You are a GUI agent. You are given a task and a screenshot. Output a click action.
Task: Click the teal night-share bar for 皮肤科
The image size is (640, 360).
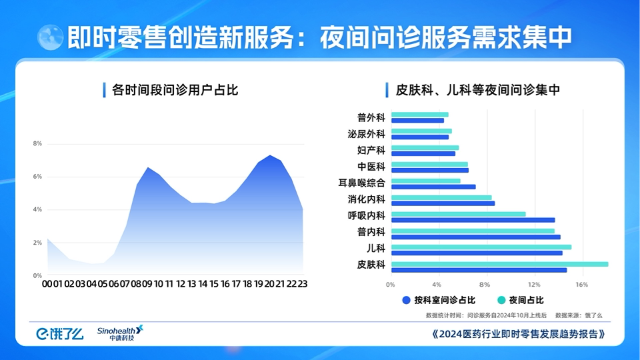499,264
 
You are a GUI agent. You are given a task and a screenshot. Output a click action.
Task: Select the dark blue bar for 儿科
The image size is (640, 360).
477,253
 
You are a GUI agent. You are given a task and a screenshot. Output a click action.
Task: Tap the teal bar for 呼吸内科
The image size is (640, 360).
459,214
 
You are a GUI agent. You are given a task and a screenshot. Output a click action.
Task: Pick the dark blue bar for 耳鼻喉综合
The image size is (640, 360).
433,187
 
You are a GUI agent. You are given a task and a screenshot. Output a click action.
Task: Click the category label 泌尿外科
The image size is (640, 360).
366,134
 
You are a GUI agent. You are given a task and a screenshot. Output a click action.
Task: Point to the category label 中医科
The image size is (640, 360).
371,167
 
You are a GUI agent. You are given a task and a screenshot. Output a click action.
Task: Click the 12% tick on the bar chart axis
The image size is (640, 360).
534,285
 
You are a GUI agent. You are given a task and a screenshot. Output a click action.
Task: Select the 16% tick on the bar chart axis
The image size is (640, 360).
581,285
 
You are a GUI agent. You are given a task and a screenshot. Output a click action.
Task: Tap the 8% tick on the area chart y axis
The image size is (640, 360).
37,144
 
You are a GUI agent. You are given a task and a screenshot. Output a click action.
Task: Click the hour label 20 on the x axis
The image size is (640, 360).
269,284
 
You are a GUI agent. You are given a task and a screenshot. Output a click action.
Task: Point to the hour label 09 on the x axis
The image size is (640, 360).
147,284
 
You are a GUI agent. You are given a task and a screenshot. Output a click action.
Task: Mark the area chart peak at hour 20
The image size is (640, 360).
270,155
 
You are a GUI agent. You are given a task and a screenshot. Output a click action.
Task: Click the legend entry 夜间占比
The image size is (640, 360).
521,301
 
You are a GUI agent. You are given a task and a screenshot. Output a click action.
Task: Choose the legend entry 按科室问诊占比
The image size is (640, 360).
439,301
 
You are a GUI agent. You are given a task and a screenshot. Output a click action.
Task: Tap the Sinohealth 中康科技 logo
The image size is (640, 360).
120,333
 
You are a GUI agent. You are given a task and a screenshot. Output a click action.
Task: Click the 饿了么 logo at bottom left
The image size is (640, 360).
59,334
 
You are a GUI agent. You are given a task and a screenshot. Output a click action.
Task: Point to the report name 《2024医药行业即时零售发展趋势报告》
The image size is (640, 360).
519,334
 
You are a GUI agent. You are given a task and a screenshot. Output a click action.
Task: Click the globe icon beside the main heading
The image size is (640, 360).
50,37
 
